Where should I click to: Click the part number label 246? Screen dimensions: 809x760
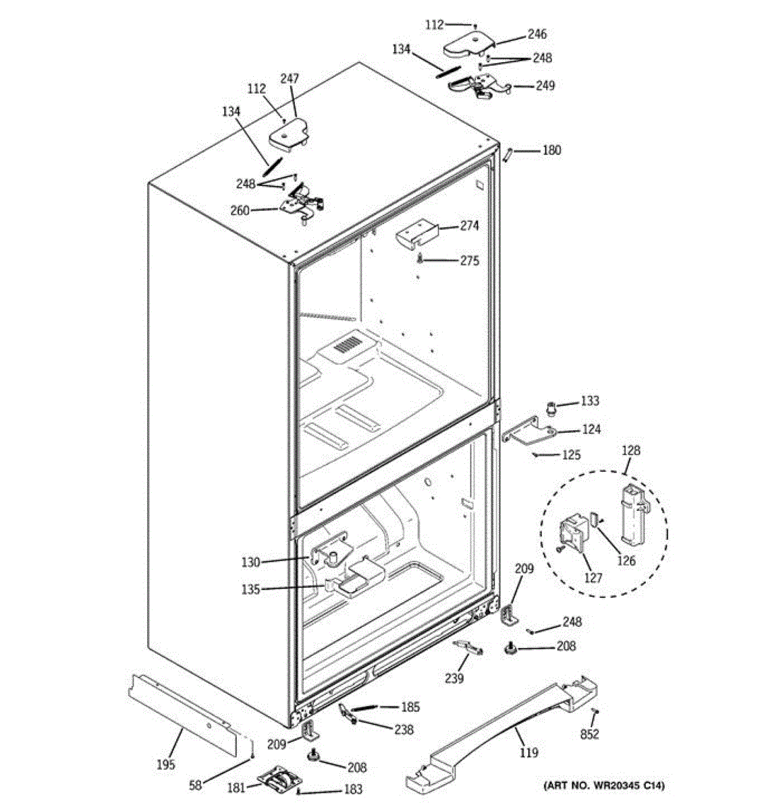(537, 34)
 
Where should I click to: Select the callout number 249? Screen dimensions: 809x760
(545, 86)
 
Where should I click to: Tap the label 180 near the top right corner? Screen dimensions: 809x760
(551, 150)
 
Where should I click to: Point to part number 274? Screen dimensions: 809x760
(470, 226)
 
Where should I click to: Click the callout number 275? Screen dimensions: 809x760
(470, 260)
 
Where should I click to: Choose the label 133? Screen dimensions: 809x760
(589, 402)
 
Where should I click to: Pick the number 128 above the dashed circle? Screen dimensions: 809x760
(632, 450)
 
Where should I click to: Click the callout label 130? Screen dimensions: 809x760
(250, 562)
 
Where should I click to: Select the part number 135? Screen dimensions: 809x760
(250, 590)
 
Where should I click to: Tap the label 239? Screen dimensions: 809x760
(454, 678)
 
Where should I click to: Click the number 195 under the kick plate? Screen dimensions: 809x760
(165, 764)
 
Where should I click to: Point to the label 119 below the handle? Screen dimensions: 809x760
(529, 752)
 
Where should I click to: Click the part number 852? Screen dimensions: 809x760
(590, 734)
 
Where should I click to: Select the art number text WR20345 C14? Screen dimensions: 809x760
(604, 785)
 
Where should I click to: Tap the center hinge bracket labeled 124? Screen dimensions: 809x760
(530, 433)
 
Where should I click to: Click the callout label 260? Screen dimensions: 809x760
(240, 210)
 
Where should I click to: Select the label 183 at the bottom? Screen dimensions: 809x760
(353, 789)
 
